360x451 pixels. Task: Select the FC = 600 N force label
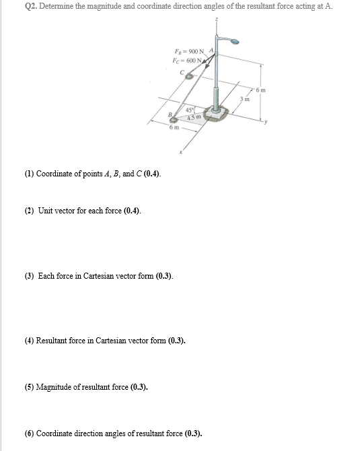(x=188, y=61)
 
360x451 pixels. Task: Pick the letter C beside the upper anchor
(x=182, y=72)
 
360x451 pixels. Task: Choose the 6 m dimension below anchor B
(x=174, y=129)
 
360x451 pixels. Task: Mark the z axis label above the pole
(x=216, y=20)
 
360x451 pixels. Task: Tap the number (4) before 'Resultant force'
(x=30, y=341)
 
